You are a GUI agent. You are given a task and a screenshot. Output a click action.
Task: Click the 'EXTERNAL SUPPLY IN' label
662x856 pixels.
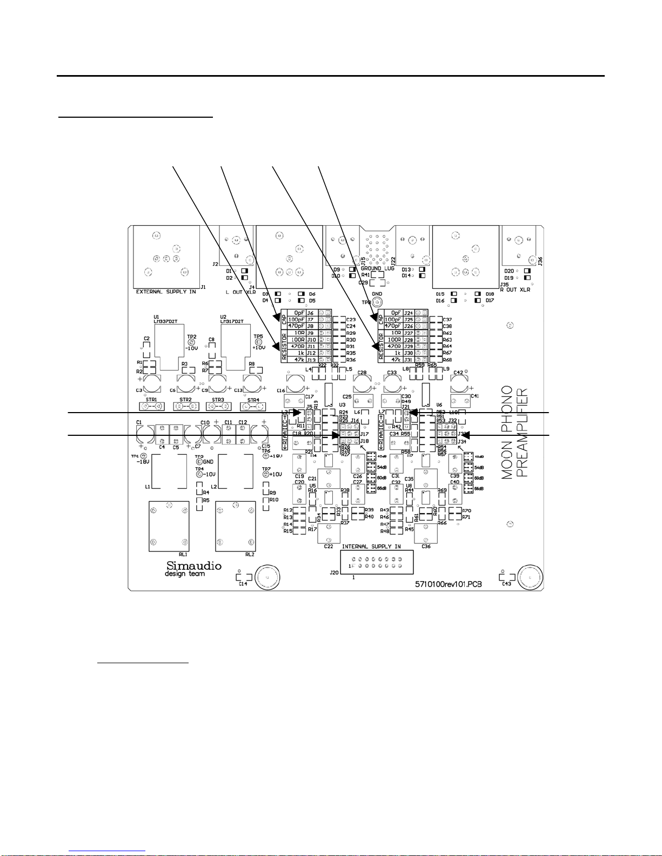tap(166, 292)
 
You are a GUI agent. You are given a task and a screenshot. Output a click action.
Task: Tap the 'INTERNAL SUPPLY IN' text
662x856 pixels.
tap(371, 547)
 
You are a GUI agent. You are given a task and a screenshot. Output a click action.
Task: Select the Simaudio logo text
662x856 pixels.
tap(193, 565)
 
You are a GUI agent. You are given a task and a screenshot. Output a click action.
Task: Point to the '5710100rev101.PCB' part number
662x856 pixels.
tap(448, 584)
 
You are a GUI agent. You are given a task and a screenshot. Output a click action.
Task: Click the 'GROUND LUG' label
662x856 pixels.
tap(377, 268)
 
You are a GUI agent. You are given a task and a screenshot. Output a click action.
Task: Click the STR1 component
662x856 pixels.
tap(151, 406)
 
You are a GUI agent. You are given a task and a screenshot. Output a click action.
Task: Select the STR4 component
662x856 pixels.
tap(253, 406)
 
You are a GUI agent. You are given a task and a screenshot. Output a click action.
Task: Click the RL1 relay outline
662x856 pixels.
tap(169, 526)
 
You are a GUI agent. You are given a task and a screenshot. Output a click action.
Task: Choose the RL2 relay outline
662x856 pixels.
tap(236, 526)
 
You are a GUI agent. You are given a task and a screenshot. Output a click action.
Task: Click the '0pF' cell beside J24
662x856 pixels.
tap(394, 313)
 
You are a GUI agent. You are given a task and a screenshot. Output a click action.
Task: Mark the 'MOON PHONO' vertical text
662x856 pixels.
tap(507, 432)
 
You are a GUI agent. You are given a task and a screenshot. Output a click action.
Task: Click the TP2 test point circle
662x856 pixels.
tap(191, 342)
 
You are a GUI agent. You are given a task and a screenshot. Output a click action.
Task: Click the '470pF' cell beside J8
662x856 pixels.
tap(296, 326)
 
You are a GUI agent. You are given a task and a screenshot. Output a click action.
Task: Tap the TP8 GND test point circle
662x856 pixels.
tap(377, 303)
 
